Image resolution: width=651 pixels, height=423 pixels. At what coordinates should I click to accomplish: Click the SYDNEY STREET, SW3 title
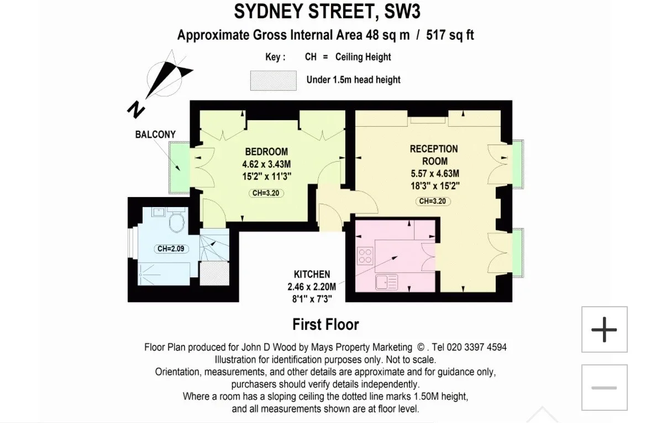[x=327, y=11]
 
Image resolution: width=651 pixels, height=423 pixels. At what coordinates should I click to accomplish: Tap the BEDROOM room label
[x=266, y=152]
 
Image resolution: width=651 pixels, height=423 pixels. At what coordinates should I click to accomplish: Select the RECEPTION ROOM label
[x=434, y=154]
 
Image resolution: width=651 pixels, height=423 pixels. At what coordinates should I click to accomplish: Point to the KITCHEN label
[x=312, y=275]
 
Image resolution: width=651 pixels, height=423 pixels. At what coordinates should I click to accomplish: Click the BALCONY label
[x=155, y=135]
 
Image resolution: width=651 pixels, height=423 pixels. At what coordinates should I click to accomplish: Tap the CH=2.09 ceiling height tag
[x=171, y=249]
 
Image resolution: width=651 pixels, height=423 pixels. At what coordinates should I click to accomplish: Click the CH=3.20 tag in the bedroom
[x=266, y=193]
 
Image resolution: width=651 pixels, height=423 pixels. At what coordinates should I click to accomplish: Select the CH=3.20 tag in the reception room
[x=432, y=202]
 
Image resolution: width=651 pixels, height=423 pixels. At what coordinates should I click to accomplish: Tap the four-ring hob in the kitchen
[x=365, y=256]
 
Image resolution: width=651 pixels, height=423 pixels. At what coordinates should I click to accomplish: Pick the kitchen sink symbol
[x=386, y=282]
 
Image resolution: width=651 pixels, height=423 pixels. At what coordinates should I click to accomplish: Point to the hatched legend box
[x=273, y=81]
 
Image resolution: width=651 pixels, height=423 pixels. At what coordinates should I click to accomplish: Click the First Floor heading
[x=326, y=324]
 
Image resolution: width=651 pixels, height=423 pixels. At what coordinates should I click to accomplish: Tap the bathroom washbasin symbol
[x=159, y=212]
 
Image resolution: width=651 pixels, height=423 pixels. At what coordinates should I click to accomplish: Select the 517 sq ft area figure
[x=450, y=35]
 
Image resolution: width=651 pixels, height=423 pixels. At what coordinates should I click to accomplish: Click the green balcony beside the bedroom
[x=180, y=168]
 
